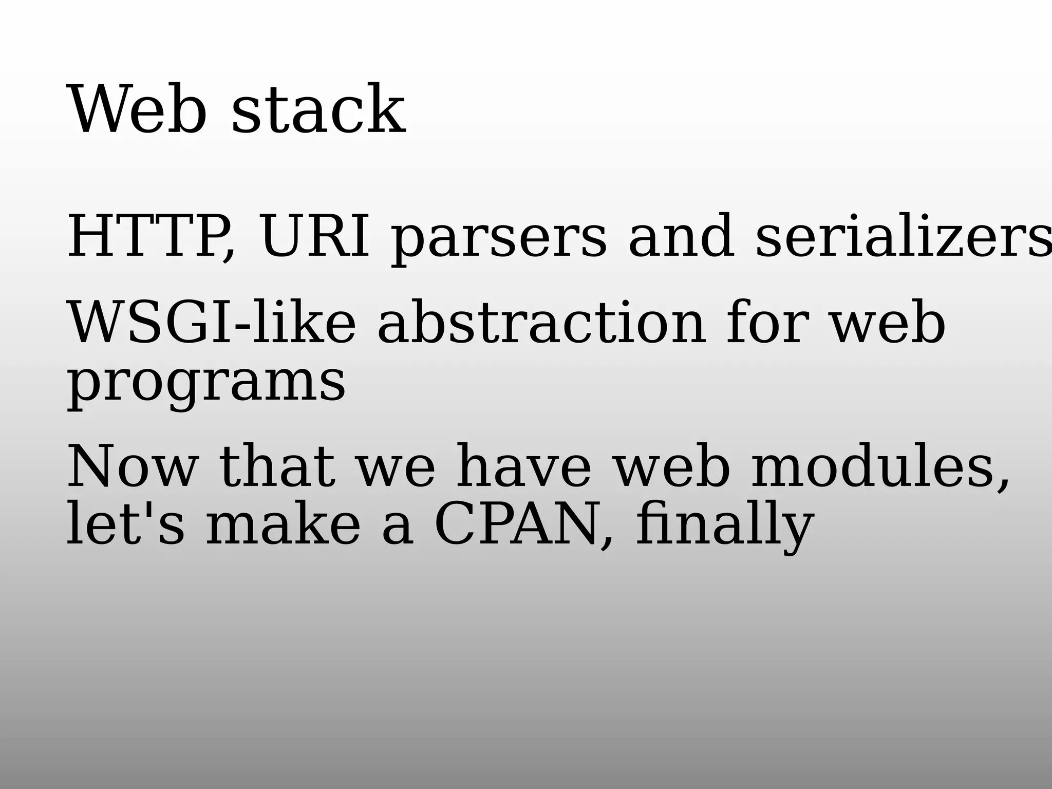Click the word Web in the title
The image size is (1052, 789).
point(137,110)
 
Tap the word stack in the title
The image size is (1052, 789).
point(318,110)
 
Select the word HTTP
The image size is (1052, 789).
point(149,236)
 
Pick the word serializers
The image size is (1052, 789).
point(902,236)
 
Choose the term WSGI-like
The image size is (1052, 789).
point(211,324)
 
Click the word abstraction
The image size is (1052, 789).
point(541,324)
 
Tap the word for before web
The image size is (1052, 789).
point(766,324)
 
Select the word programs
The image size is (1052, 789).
point(206,383)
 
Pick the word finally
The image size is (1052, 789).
point(724,526)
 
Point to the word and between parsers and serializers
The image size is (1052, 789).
point(681,236)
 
